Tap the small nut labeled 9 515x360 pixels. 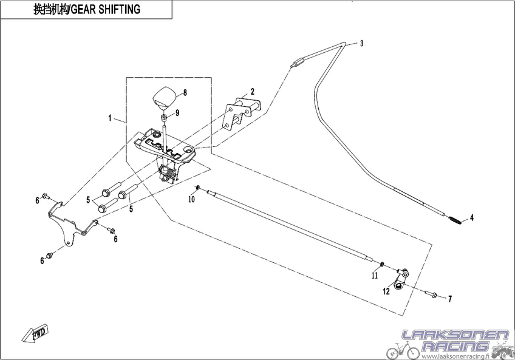tap(164, 117)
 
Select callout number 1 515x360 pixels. tap(110, 118)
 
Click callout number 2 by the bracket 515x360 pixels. tap(252, 91)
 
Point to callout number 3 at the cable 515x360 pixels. tap(361, 43)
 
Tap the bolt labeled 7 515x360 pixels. tap(431, 294)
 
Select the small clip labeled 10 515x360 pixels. tap(197, 188)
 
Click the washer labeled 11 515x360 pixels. tap(381, 264)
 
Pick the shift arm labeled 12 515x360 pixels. tap(400, 279)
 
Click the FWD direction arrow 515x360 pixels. tap(35, 335)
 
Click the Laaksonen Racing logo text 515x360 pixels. tap(455, 341)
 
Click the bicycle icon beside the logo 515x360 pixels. tap(403, 350)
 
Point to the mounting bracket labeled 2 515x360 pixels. tap(242, 113)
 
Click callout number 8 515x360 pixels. tap(185, 93)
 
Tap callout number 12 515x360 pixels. tap(386, 291)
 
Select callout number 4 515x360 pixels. tap(472, 217)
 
